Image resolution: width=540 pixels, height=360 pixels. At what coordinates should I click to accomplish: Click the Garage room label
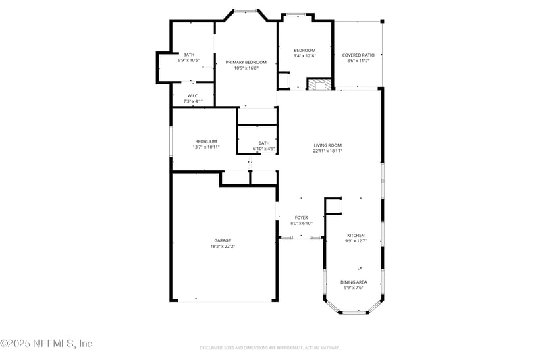[223, 240]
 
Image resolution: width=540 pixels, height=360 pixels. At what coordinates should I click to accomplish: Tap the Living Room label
[327, 145]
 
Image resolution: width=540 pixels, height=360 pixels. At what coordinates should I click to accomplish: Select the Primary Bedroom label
[246, 62]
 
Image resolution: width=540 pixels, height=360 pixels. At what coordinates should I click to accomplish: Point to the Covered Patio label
[358, 55]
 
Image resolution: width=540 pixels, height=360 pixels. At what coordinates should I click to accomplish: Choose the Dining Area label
[354, 282]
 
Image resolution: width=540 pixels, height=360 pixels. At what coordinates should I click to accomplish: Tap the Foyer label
[301, 217]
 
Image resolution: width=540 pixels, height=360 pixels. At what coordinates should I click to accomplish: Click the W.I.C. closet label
[192, 95]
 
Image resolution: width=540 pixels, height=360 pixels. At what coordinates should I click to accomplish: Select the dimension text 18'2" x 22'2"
[223, 247]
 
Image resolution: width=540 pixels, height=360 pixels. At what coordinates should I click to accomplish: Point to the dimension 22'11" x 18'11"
[327, 151]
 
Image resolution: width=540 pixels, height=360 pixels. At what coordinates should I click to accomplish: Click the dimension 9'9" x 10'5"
[188, 60]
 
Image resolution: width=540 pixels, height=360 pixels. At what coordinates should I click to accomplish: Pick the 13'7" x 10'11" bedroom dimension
[206, 147]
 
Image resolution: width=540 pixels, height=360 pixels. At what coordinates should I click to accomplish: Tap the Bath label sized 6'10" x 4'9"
[263, 143]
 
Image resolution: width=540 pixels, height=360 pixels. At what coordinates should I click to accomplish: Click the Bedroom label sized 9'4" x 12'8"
[304, 50]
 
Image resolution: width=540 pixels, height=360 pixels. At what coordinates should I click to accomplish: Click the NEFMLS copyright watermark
[46, 343]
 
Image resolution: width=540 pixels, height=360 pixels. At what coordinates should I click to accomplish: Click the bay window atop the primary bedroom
[246, 10]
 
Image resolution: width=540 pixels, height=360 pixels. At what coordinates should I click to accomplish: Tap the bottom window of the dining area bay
[353, 313]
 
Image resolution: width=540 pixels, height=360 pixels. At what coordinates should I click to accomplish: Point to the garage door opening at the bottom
[223, 300]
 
